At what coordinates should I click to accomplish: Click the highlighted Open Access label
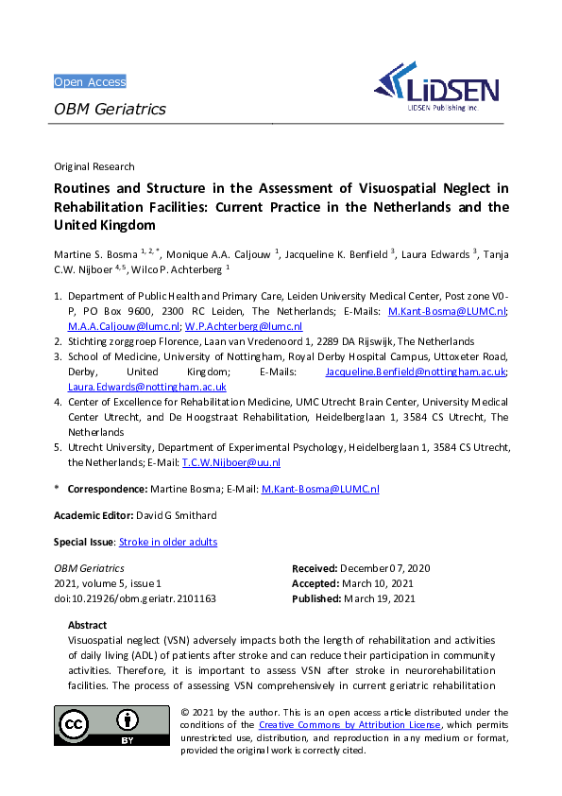(90, 81)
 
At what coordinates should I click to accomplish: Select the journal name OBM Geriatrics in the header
(110, 109)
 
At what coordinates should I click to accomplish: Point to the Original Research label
(94, 166)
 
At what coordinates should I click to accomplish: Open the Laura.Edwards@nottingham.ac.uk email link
(146, 387)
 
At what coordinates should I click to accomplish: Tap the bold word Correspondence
(107, 489)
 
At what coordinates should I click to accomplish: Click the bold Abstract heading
(88, 625)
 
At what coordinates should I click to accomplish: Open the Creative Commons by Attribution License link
(349, 724)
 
